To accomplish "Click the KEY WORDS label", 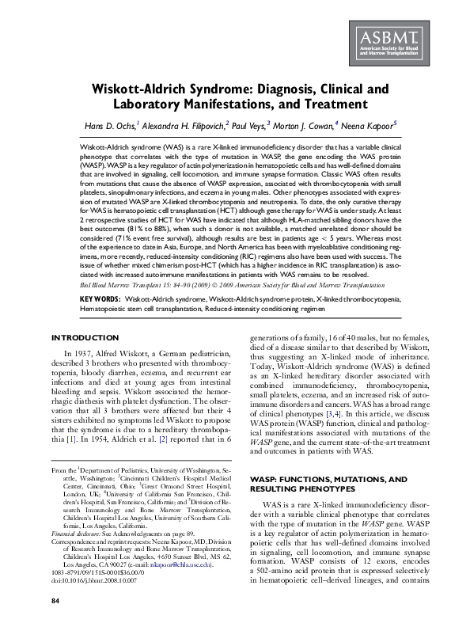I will (x=101, y=300).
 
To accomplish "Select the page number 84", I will (x=55, y=602).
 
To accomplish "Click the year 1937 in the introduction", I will (x=89, y=352).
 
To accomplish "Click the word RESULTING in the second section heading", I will (x=284, y=490).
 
